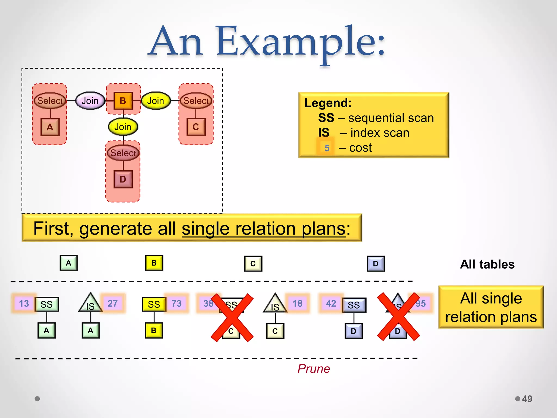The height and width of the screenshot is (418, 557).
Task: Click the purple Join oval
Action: (x=90, y=101)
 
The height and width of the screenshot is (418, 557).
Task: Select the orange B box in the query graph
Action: (x=123, y=101)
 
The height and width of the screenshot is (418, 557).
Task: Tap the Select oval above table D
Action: (x=123, y=153)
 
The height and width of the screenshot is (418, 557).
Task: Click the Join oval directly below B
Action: (x=123, y=127)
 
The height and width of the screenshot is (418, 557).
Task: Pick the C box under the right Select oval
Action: (x=196, y=127)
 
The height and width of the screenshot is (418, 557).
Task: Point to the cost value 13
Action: (x=24, y=303)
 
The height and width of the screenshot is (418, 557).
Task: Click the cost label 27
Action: (x=113, y=303)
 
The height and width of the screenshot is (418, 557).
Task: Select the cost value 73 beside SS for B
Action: (x=177, y=303)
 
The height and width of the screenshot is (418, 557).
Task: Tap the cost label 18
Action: (x=298, y=303)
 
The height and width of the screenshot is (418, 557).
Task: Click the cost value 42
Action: (x=331, y=303)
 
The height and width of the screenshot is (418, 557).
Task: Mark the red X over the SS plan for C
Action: (x=232, y=317)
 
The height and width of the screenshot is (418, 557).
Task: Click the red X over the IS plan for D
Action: (x=398, y=316)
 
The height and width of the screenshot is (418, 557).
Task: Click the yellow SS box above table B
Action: (x=154, y=304)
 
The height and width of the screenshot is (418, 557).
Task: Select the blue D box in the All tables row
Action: (x=376, y=264)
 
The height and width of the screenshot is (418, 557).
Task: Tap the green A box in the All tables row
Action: (x=69, y=263)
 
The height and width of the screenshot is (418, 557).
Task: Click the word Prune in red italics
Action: (x=314, y=369)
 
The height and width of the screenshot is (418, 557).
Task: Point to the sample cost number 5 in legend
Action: (x=327, y=148)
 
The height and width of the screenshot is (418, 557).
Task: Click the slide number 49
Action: (x=527, y=399)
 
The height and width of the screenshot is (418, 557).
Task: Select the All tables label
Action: (x=487, y=265)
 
